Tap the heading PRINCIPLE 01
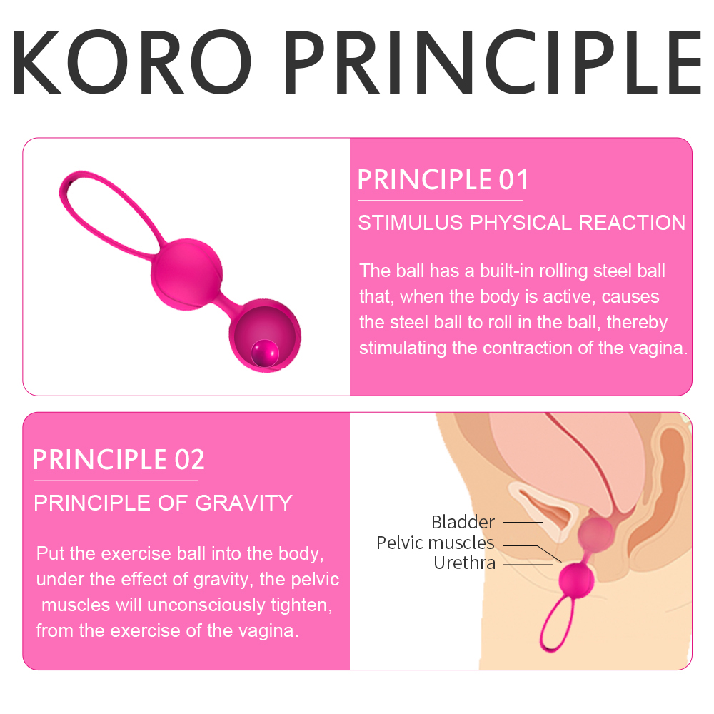click(x=442, y=178)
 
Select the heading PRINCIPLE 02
click(x=119, y=459)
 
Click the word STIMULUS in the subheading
click(x=410, y=223)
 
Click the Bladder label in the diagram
click(x=463, y=522)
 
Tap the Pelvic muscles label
click(x=435, y=543)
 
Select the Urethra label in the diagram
click(x=464, y=563)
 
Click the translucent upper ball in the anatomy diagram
click(x=595, y=533)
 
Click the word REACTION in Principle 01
click(x=631, y=223)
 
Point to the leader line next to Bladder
click(x=522, y=522)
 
